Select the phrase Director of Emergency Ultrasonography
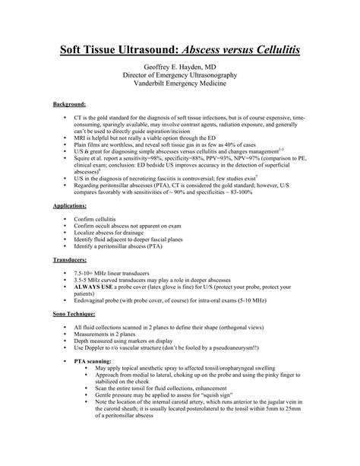coord(180,78)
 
